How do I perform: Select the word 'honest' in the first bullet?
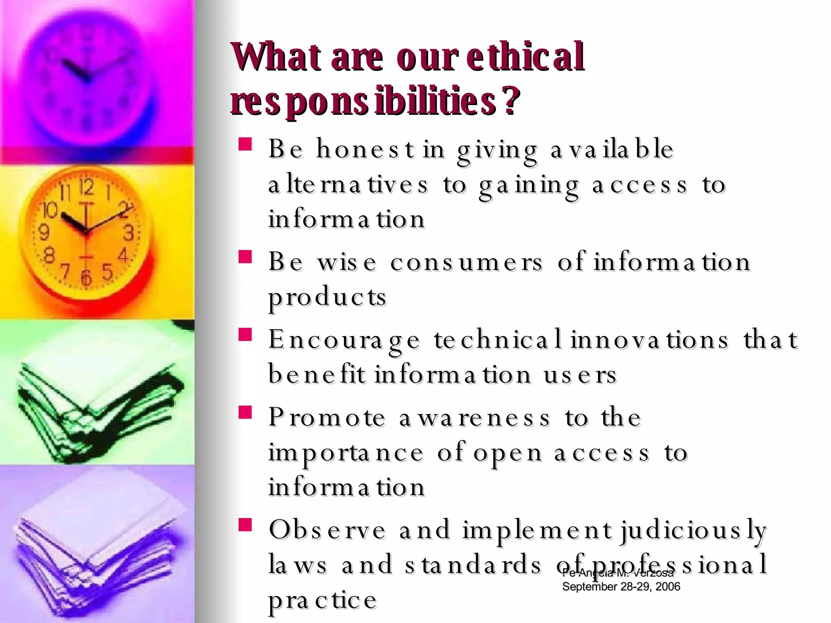point(365,149)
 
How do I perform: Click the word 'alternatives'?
point(348,185)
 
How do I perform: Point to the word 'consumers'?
point(466,262)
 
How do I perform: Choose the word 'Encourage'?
point(344,340)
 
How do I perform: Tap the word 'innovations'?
point(649,339)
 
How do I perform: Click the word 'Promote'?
point(327,417)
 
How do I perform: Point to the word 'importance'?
point(346,453)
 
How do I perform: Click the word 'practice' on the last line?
point(323,600)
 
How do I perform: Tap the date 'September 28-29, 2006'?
point(621,586)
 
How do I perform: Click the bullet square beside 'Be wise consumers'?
point(245,257)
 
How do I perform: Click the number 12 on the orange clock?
point(86,187)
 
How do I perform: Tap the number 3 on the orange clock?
point(129,233)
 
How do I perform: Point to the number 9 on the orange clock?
point(43,232)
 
